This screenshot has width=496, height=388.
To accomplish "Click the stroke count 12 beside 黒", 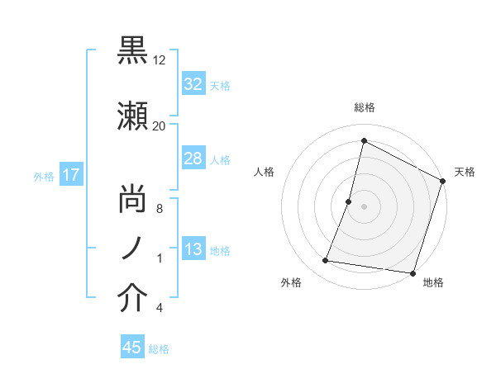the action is click(x=160, y=61).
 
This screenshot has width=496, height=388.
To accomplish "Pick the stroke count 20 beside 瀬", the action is click(x=160, y=125).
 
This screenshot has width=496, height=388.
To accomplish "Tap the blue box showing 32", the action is click(x=193, y=84).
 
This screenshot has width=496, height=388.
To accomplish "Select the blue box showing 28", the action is click(x=193, y=159).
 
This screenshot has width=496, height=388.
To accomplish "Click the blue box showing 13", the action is click(x=193, y=249).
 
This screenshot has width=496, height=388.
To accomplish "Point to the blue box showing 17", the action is click(x=70, y=175).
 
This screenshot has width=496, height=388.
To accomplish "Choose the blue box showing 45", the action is click(x=132, y=348).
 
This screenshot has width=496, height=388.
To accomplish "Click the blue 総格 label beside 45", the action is click(x=159, y=349).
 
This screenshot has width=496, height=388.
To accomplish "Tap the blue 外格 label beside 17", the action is click(x=44, y=176).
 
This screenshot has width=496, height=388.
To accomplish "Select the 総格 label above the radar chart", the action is click(x=364, y=107).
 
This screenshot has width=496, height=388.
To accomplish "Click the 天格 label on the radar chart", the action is click(x=465, y=172).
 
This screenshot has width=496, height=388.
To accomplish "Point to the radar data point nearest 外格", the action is click(x=326, y=261).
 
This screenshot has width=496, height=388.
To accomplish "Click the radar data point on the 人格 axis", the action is click(x=349, y=201).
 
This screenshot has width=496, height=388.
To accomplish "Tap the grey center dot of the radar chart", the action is click(x=364, y=206).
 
